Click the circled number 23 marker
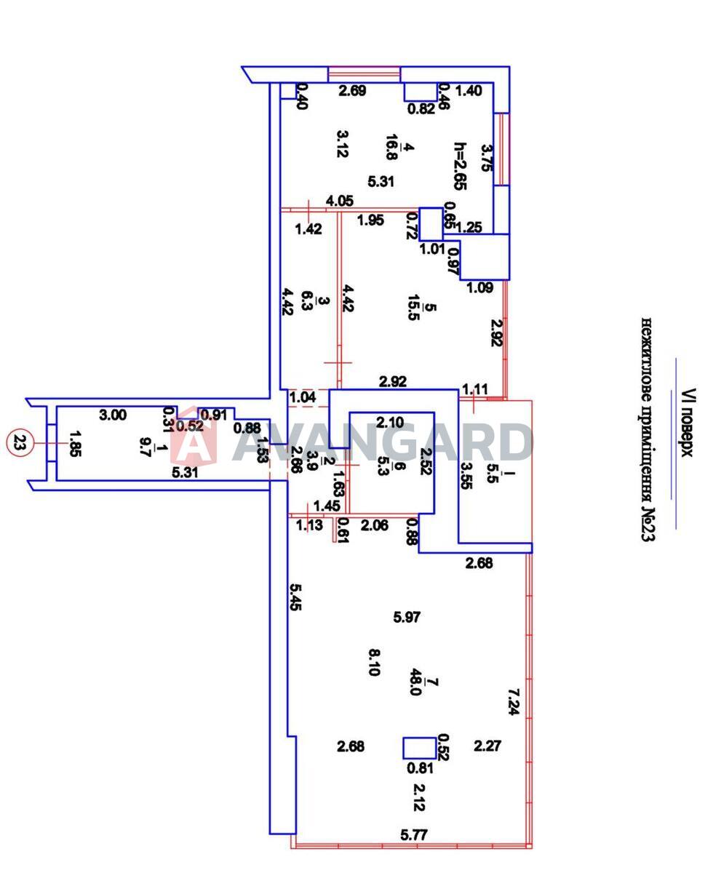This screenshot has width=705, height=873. click(x=17, y=442)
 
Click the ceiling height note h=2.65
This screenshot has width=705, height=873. click(x=459, y=166)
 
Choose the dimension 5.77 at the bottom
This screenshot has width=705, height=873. click(x=413, y=835)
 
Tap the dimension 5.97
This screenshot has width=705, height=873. click(x=407, y=617)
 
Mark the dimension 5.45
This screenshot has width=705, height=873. click(x=294, y=597)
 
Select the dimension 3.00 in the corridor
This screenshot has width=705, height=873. click(x=113, y=415)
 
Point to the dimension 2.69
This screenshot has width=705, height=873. click(x=354, y=91)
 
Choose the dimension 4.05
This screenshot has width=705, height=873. click(x=340, y=200)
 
